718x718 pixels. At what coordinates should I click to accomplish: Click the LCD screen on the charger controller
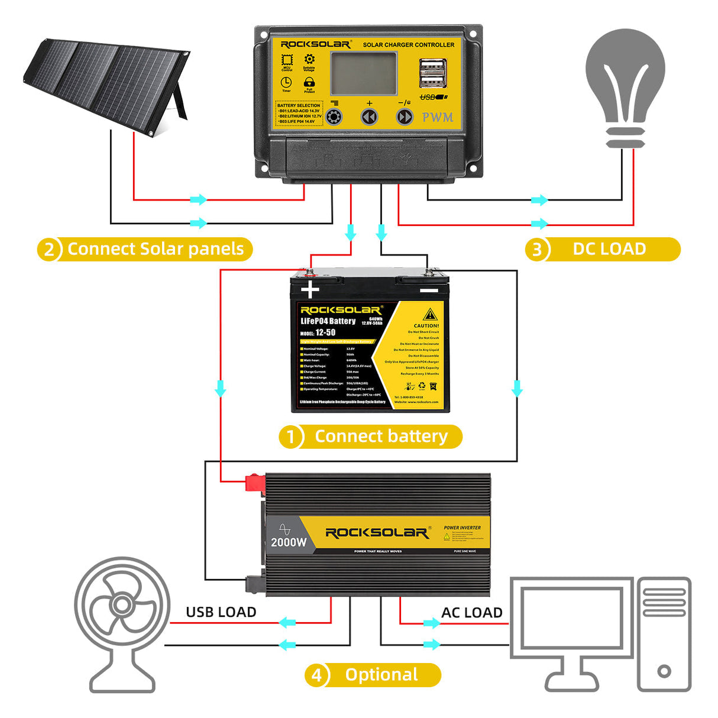click(x=363, y=73)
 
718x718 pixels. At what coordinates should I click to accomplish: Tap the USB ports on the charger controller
click(x=433, y=73)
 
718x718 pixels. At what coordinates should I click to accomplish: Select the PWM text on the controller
click(x=438, y=117)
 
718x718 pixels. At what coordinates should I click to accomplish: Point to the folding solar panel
click(x=106, y=83)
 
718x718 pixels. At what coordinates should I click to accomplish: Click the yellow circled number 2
click(x=49, y=250)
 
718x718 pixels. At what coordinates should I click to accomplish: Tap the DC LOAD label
click(x=609, y=249)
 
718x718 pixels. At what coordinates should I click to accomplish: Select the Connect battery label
click(x=381, y=436)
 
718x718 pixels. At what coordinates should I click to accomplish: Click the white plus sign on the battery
click(x=310, y=290)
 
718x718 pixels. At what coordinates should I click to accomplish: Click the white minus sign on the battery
click(x=429, y=290)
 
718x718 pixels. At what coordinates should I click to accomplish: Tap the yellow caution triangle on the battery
click(x=430, y=314)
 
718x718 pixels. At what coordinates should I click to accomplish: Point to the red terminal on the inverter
click(x=254, y=482)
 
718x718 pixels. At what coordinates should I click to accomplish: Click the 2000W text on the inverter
click(x=289, y=542)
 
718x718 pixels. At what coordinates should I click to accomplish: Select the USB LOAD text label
click(x=221, y=612)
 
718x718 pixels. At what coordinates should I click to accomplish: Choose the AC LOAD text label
click(x=471, y=613)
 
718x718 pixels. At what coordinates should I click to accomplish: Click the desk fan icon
click(x=122, y=621)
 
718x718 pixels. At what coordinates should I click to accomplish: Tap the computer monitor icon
click(x=571, y=627)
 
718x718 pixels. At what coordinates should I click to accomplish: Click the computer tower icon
click(x=664, y=633)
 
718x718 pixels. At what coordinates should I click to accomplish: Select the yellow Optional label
click(x=381, y=675)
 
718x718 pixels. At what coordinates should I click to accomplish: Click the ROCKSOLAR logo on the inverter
click(x=377, y=533)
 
